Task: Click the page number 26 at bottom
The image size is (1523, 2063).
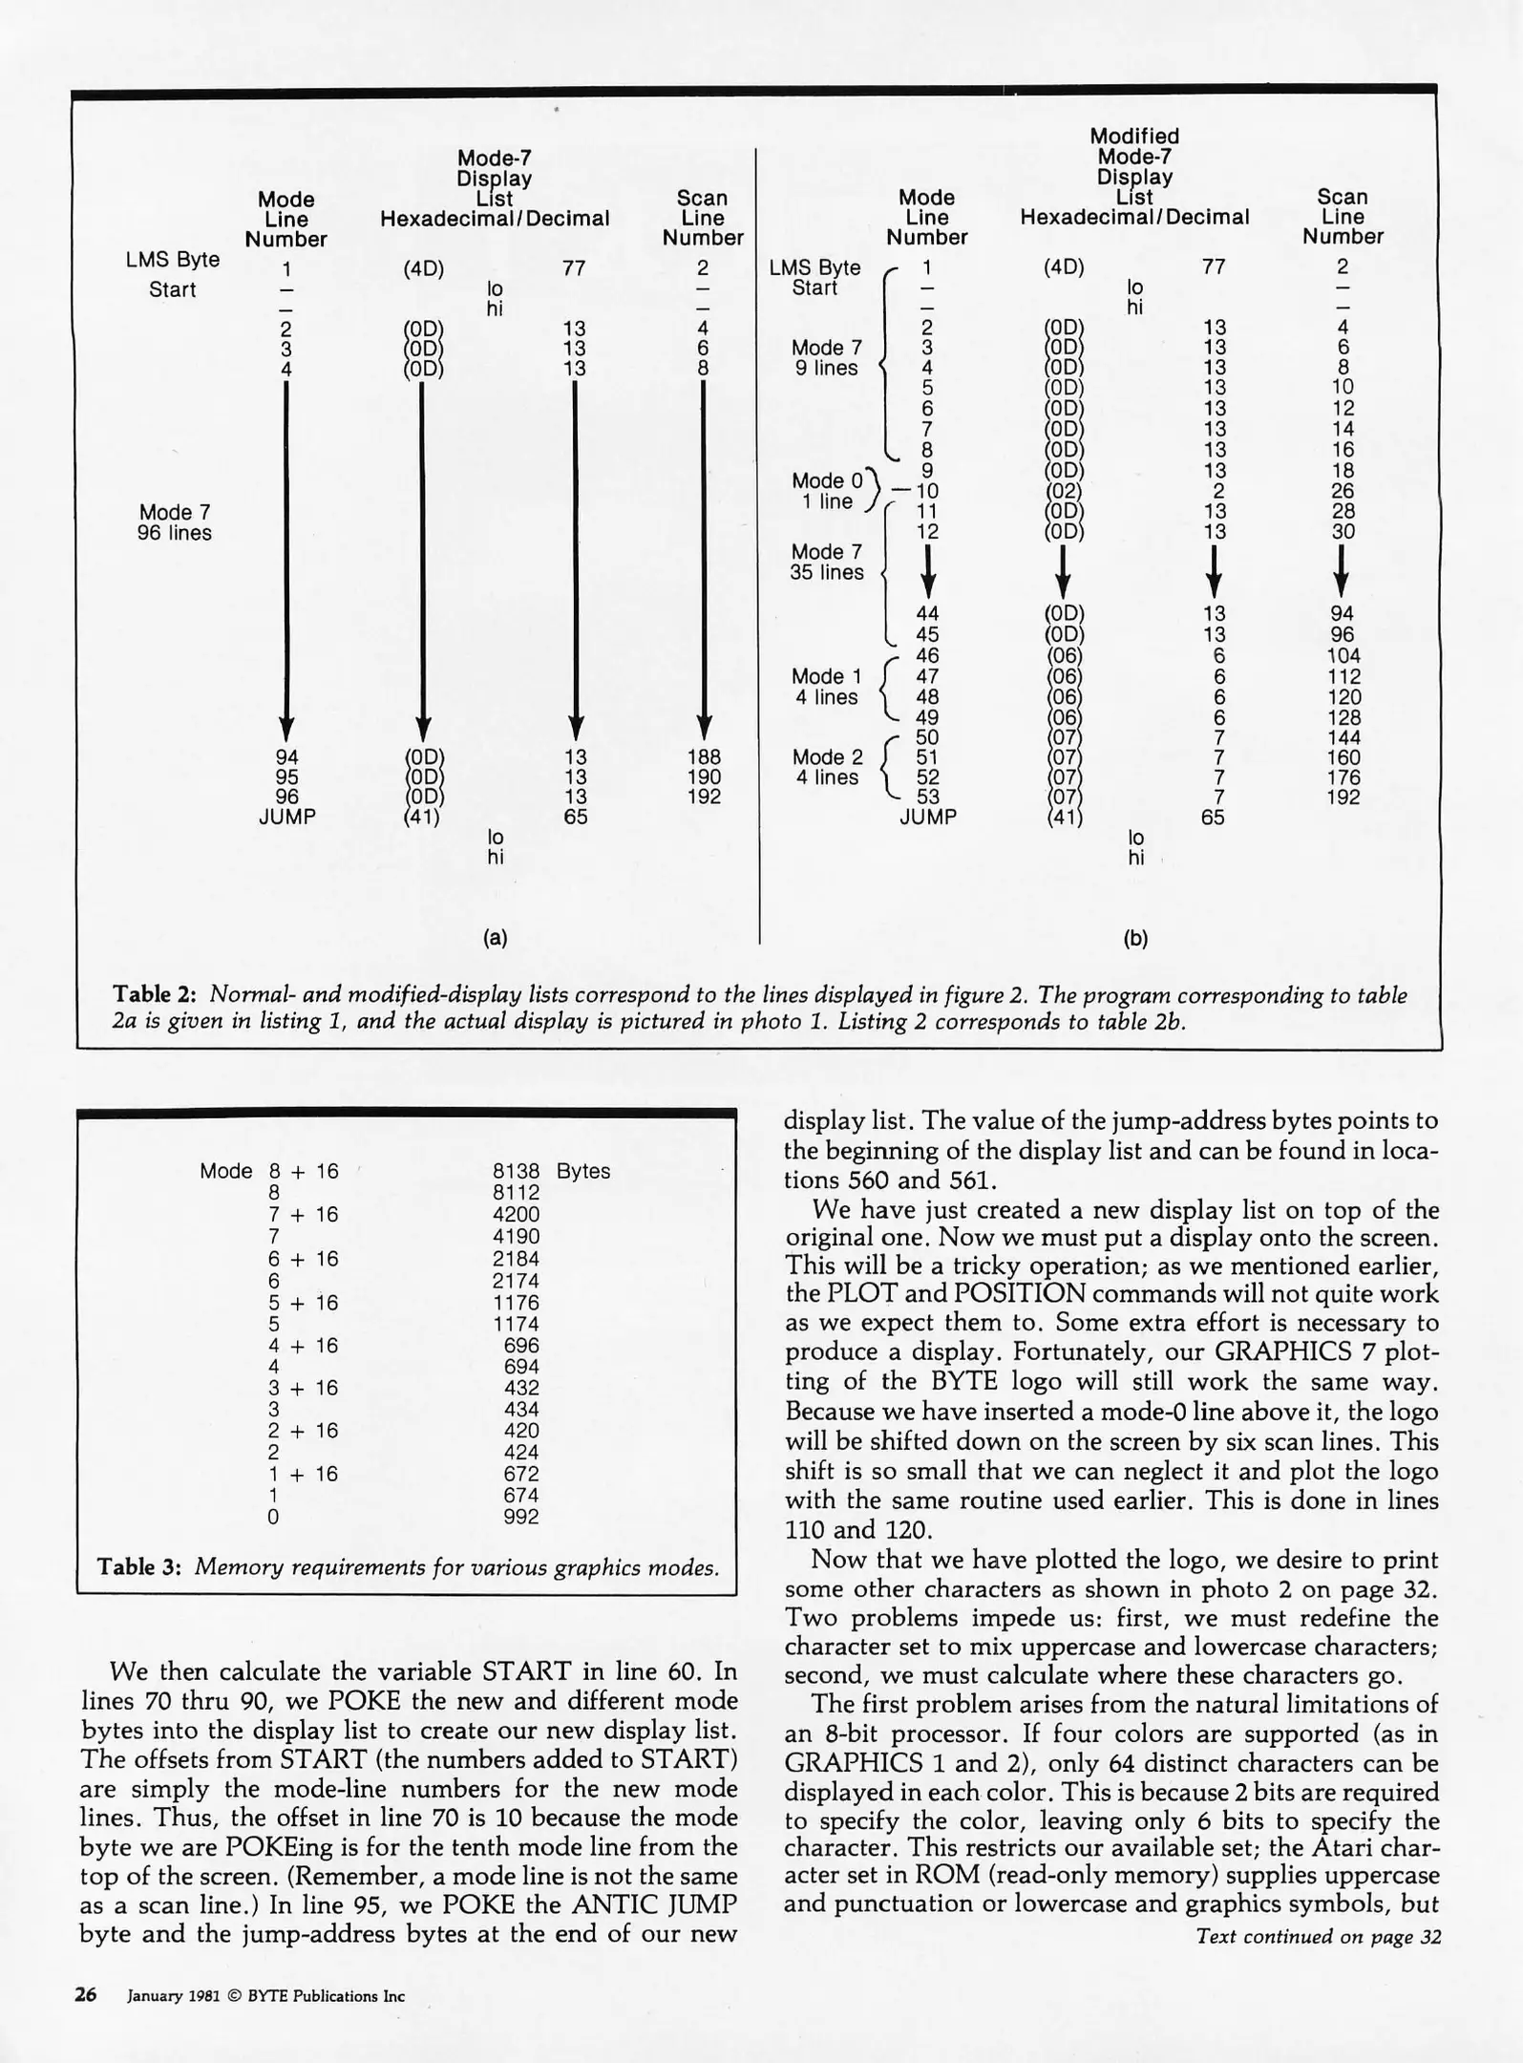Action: click(86, 1995)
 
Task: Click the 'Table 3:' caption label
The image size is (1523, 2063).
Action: click(139, 1567)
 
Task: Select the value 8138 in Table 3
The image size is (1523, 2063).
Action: click(517, 1171)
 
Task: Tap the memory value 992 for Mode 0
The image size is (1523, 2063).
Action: click(521, 1517)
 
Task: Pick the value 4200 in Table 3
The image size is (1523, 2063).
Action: click(517, 1214)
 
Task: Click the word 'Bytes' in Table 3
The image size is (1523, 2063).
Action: click(582, 1171)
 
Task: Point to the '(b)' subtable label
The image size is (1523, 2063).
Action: click(1135, 938)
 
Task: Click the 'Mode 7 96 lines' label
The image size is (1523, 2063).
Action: click(175, 522)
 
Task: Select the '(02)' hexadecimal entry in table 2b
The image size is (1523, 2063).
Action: click(1065, 491)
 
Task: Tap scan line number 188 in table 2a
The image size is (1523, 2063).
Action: click(704, 757)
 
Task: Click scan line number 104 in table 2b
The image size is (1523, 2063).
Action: click(1343, 655)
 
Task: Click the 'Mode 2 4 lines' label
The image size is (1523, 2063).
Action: click(827, 767)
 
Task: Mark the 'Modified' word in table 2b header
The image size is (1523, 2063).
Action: click(1134, 137)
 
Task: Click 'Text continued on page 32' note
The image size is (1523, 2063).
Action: click(1318, 1936)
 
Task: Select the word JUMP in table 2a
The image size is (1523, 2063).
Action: click(286, 817)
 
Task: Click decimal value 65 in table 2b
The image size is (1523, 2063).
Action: click(1213, 818)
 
